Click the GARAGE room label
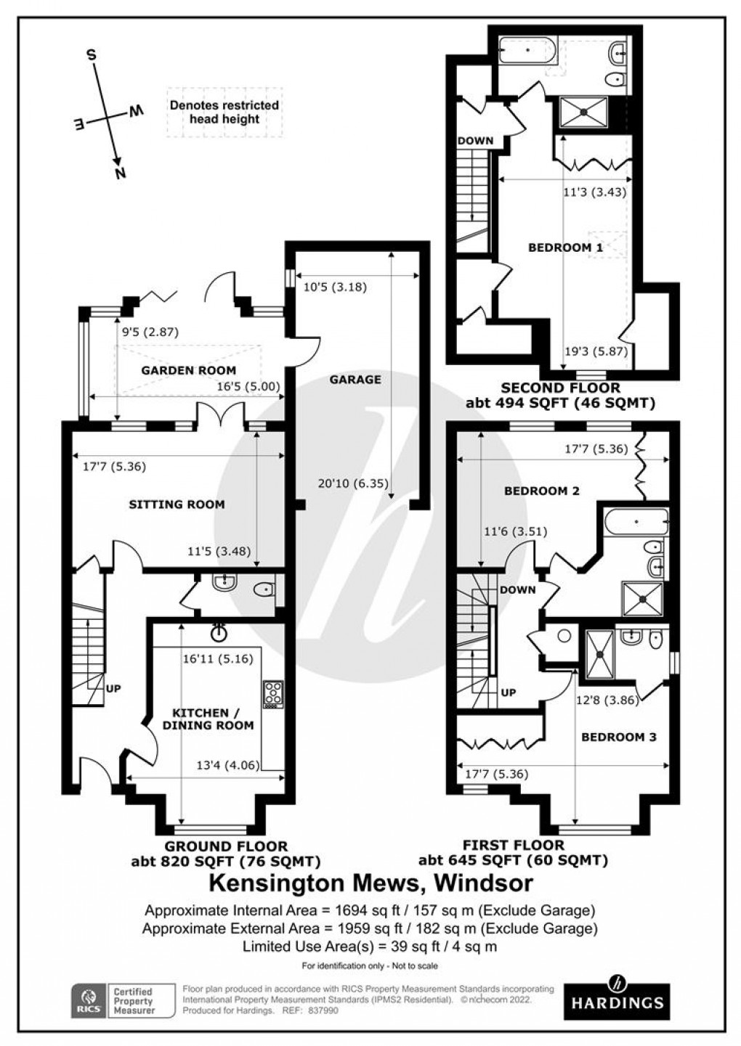click(x=355, y=380)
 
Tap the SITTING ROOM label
click(x=177, y=504)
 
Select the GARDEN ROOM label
click(x=188, y=370)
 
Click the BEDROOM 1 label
click(x=564, y=248)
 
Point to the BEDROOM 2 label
click(x=541, y=491)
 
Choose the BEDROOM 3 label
click(x=618, y=737)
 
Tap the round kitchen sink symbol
click(x=218, y=633)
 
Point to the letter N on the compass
click(x=121, y=172)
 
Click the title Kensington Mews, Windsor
click(x=370, y=883)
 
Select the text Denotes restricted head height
click(x=224, y=112)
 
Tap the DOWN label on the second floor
click(x=475, y=141)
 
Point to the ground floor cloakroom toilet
click(x=265, y=590)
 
